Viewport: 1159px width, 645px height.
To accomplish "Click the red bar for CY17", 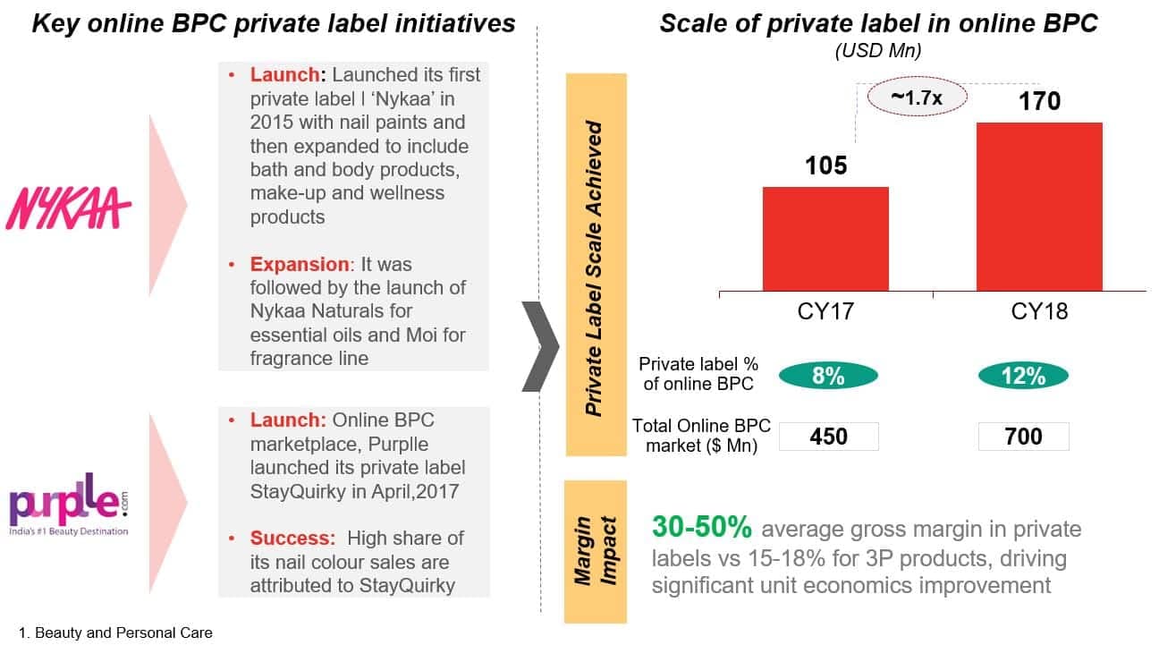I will tap(825, 238).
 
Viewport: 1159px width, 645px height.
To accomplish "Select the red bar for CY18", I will tap(1038, 206).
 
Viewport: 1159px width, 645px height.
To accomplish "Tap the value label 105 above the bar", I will tap(825, 165).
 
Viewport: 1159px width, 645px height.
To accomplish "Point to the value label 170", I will tap(1039, 101).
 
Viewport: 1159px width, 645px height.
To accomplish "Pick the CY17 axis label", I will tap(825, 312).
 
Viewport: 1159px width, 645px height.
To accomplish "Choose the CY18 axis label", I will tap(1039, 312).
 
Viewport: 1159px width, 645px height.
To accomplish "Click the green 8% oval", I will tap(828, 377).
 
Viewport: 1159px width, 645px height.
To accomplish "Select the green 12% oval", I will tap(1023, 377).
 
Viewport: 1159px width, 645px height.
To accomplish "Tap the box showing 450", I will tap(828, 437).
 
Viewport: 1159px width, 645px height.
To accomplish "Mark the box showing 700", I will tap(1023, 437).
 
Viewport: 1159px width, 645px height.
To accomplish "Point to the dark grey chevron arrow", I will tap(540, 346).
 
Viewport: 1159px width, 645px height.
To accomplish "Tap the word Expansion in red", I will tap(300, 265).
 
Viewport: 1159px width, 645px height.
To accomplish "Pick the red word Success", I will tap(292, 539).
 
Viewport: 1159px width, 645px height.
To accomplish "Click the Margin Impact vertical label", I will tap(595, 550).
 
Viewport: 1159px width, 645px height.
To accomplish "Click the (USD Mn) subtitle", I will tap(877, 51).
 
